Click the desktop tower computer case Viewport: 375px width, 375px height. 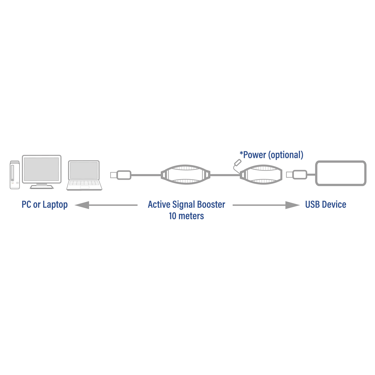click(15, 175)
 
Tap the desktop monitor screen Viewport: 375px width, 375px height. click(41, 169)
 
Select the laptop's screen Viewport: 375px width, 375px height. click(84, 170)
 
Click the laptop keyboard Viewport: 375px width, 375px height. click(84, 184)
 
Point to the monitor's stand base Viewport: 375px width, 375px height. click(42, 186)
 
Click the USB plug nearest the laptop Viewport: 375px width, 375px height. click(121, 175)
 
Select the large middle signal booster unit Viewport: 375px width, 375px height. click(185, 174)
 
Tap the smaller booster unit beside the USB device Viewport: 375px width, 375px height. click(261, 174)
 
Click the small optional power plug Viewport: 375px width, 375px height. click(237, 163)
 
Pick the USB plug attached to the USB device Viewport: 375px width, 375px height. click(296, 174)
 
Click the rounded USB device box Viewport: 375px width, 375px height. click(341, 173)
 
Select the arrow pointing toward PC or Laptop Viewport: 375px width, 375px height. click(106, 205)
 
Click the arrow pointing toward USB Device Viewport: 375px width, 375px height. click(266, 205)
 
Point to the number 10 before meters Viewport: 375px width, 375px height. click(172, 216)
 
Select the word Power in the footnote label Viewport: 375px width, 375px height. click(254, 155)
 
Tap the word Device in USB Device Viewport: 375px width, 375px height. click(334, 204)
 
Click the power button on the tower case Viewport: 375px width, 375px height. click(12, 179)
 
